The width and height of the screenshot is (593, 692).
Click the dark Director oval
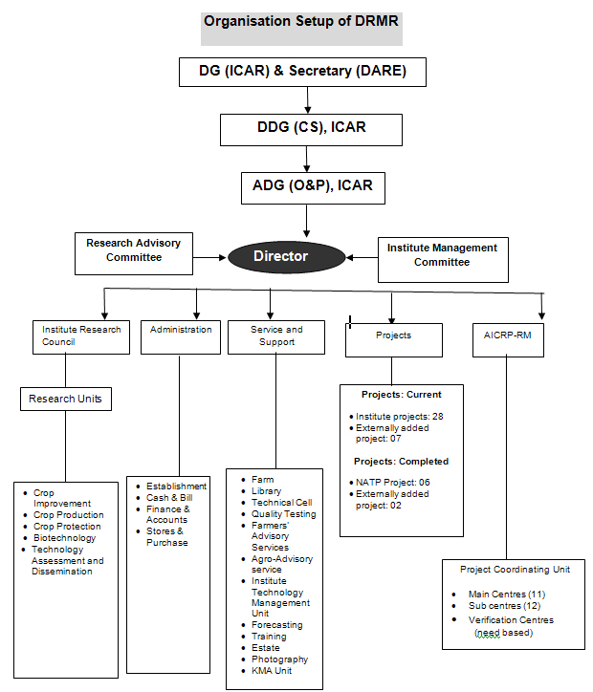coord(286,257)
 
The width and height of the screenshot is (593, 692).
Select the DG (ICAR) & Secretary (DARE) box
coord(302,72)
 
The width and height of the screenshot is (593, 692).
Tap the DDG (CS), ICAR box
coord(311,130)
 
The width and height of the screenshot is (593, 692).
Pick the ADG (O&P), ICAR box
coord(313,188)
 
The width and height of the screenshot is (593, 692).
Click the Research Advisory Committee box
coord(134,253)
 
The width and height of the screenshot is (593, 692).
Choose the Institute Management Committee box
coord(443,260)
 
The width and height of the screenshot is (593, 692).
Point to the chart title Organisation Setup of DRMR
coord(301,21)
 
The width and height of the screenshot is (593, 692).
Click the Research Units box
coord(66,399)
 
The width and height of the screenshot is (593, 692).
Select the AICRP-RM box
coord(508,340)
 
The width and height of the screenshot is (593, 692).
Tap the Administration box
coord(181,337)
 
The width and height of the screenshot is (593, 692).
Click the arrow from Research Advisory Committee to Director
coord(209,257)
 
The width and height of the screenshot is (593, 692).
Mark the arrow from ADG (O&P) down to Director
coord(306,221)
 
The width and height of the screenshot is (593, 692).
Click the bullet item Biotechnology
coord(64,538)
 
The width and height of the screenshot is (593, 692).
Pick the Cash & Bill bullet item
coord(169,498)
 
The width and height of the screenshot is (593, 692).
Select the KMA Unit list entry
coord(272,671)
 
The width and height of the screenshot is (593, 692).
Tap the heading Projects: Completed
coord(401,462)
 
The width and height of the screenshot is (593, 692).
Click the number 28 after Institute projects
coord(438,417)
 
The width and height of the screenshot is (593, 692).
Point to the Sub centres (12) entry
coord(504,606)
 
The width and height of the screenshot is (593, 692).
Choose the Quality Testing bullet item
coord(284,514)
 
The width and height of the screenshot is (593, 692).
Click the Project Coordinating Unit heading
coord(515,570)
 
